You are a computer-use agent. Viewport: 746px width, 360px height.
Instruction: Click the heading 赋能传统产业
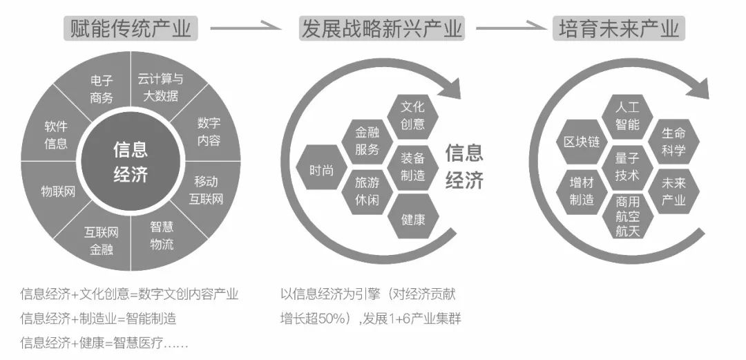(x=129, y=28)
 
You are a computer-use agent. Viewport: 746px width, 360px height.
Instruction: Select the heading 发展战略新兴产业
(x=382, y=28)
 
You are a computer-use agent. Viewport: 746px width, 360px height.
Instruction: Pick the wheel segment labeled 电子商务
(x=102, y=91)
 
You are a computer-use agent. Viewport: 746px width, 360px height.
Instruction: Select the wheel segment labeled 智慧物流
(x=162, y=235)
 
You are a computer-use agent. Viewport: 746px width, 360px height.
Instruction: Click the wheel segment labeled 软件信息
(x=57, y=135)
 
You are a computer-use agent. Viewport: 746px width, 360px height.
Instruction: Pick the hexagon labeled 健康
(x=412, y=220)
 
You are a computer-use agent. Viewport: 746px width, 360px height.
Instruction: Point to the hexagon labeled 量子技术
(x=627, y=167)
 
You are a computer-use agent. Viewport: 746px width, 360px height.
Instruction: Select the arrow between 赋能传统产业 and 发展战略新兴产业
(x=245, y=28)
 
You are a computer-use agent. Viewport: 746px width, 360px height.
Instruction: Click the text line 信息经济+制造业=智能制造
(x=98, y=319)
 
